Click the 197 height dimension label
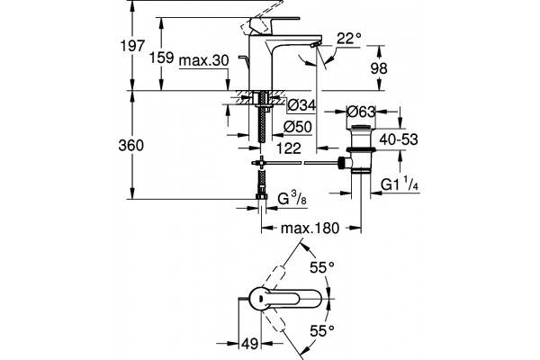pos(132,46)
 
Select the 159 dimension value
pos(161,58)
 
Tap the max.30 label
pos(204,60)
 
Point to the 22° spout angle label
pos(349,38)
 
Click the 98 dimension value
pos(379,68)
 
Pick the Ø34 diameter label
pos(301,104)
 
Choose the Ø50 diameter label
pos(298,127)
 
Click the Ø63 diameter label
pos(361,112)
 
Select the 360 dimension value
pos(130,146)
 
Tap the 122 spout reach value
pos(289,148)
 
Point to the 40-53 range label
pos(399,139)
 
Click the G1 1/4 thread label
pos(400,184)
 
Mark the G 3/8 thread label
pos(292,198)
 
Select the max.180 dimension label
pos(310,228)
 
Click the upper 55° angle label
pos(322,267)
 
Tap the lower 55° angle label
pos(322,331)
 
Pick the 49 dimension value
pos(249,344)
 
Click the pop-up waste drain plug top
pos(361,129)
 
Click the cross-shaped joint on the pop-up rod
pos(261,162)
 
